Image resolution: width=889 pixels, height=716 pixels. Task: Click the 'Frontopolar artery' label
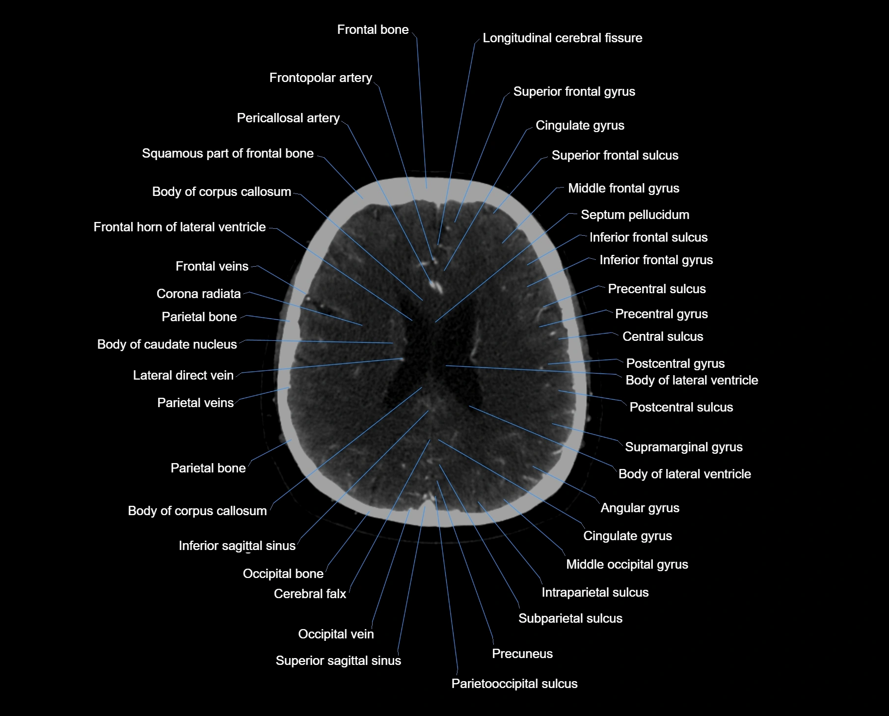(x=321, y=78)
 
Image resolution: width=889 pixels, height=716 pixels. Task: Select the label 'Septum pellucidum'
(x=635, y=215)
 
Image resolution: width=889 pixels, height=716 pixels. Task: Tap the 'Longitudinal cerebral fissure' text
(x=562, y=38)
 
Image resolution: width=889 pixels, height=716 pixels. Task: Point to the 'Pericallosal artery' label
(x=288, y=118)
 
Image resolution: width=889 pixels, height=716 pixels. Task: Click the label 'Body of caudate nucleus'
(x=167, y=344)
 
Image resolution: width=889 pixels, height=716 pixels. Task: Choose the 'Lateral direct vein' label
(x=183, y=375)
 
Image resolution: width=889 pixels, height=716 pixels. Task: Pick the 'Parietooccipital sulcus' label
(x=514, y=684)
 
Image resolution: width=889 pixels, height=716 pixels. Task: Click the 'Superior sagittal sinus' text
(x=338, y=661)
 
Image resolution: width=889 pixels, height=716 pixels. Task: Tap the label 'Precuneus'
(x=522, y=654)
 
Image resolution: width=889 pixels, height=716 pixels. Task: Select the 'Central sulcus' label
(x=662, y=336)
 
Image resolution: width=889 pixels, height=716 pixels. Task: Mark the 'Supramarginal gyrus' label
(x=683, y=447)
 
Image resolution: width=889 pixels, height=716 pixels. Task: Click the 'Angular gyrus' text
(x=640, y=508)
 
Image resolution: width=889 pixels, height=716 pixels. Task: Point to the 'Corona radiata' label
(x=198, y=294)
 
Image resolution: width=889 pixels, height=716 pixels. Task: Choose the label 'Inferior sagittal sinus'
(x=237, y=546)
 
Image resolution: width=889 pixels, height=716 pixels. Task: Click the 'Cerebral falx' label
(x=310, y=594)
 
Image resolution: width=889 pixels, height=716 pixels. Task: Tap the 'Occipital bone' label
(x=283, y=574)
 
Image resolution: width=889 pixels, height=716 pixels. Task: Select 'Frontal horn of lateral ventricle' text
(x=179, y=227)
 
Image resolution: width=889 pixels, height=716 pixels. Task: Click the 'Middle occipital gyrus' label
(x=627, y=564)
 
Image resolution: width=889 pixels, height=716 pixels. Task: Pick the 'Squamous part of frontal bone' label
(x=227, y=153)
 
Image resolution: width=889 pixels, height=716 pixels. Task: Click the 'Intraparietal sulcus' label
(x=594, y=592)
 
